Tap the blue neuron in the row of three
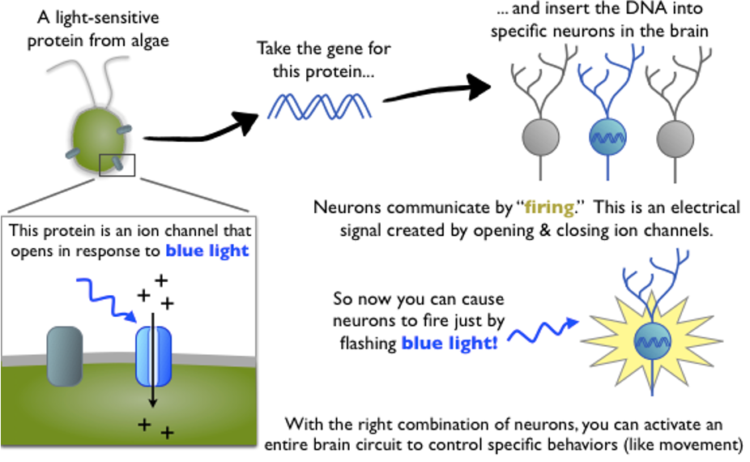click(x=607, y=136)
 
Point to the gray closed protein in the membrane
click(x=66, y=350)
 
